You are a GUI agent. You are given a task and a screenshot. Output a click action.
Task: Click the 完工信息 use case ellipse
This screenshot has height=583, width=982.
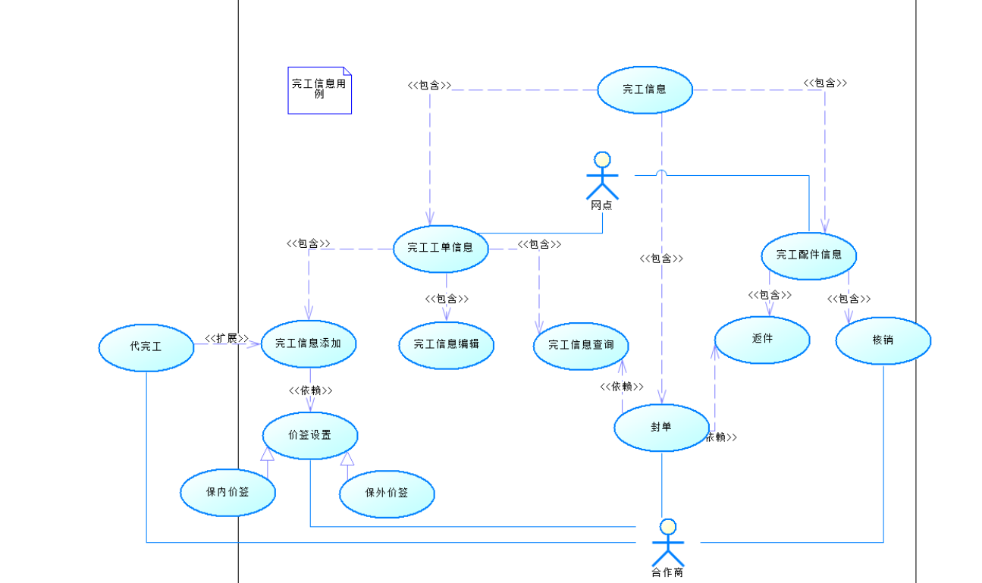[x=645, y=89]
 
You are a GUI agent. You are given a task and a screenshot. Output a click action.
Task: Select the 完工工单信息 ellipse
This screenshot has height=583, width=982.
[x=441, y=247]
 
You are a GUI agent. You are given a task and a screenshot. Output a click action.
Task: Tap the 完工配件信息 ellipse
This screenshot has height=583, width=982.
[x=808, y=255]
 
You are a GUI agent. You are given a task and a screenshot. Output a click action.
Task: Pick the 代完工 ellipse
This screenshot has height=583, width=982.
[x=146, y=347]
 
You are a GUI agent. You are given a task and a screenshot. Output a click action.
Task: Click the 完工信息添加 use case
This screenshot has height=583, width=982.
[x=308, y=343]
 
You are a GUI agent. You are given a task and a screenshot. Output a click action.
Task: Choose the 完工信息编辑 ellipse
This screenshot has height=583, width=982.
[x=447, y=344]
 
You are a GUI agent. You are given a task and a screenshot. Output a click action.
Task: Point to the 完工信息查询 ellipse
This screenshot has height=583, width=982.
[x=581, y=346]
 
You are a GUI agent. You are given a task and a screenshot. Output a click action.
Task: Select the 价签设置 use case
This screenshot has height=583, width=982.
[x=309, y=435]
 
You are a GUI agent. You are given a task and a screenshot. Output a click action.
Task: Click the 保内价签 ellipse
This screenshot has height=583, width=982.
[x=227, y=493]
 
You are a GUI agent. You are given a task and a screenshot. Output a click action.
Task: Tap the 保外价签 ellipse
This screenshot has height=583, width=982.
[x=387, y=494]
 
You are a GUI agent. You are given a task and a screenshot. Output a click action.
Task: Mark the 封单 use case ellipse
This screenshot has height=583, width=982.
[x=661, y=428]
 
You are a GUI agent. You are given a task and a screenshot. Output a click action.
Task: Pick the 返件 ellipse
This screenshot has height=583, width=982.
[x=762, y=339]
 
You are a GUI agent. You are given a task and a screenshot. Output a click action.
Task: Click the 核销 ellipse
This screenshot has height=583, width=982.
[x=883, y=340]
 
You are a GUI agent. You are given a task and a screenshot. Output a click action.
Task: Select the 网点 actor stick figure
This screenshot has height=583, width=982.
[x=602, y=177]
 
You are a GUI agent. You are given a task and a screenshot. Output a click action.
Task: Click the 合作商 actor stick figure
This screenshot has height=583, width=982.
[x=667, y=544]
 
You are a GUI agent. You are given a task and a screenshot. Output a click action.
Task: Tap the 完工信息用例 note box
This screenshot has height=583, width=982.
[x=319, y=90]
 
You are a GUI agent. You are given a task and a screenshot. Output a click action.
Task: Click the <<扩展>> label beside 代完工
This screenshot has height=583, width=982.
[x=227, y=338]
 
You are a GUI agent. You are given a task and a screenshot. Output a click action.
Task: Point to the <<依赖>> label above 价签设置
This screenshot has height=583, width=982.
[x=310, y=390]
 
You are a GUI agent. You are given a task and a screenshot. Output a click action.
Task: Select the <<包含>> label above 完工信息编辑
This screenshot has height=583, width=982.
[x=447, y=299]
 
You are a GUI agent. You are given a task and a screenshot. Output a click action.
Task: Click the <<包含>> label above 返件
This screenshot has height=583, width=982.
[x=770, y=295]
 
